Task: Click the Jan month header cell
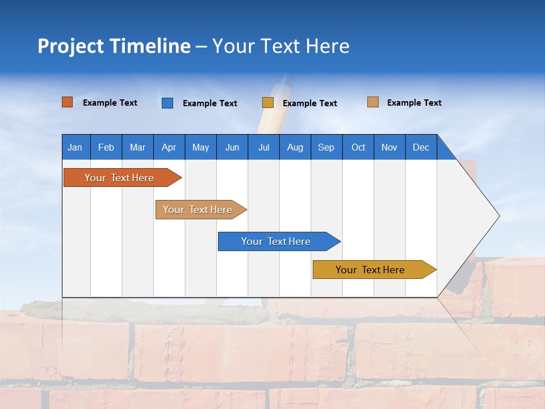[76, 147]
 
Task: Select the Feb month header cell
[106, 147]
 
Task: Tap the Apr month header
[169, 147]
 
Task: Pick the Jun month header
[232, 147]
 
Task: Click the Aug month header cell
[295, 147]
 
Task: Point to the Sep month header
[326, 147]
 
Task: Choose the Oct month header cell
[358, 147]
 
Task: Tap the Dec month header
[421, 147]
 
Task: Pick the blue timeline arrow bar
[276, 241]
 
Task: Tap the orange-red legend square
[68, 102]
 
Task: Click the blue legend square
[167, 103]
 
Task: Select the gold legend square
[268, 103]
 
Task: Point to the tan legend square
[373, 102]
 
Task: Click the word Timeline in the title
[150, 46]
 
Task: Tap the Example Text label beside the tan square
[414, 103]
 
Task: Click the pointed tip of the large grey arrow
[498, 216]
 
